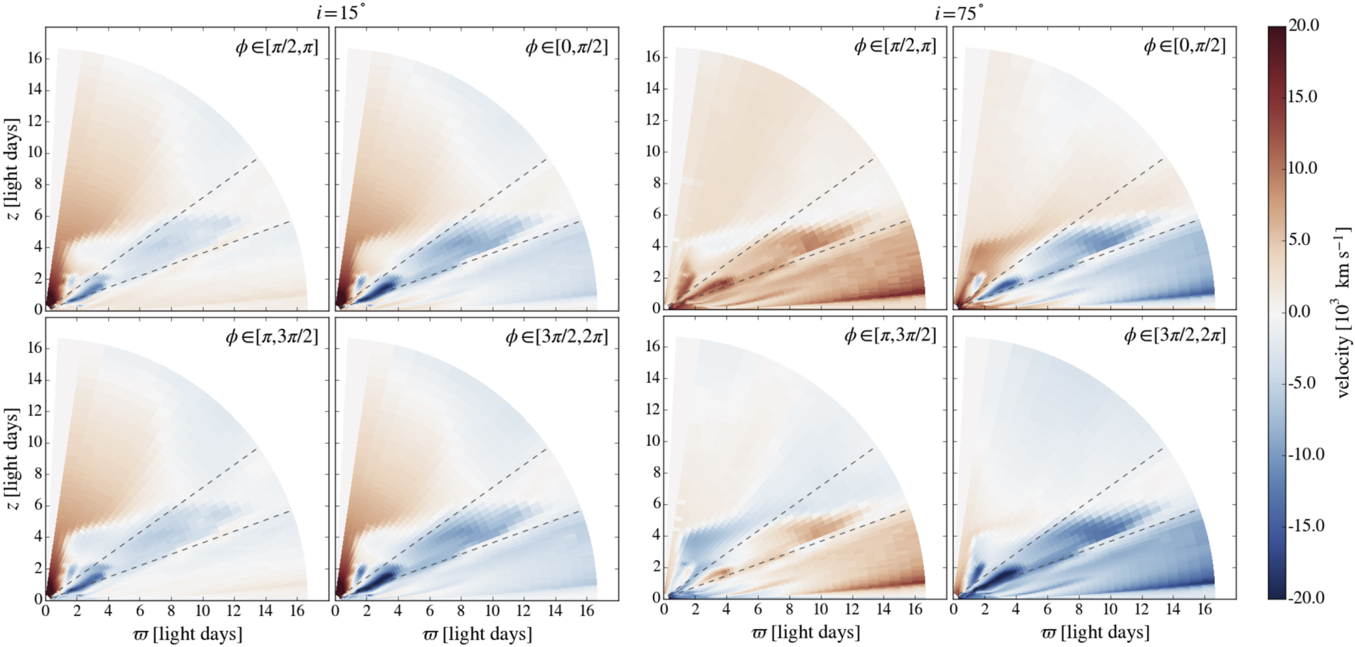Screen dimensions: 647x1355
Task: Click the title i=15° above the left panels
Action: click(340, 12)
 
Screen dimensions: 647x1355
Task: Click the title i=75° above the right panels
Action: click(959, 12)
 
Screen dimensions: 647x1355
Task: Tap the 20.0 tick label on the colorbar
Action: click(1303, 26)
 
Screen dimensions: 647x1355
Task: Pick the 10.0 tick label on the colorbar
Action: click(1303, 168)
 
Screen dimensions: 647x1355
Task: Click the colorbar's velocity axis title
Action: click(1343, 311)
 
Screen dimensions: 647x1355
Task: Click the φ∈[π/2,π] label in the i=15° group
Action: click(277, 47)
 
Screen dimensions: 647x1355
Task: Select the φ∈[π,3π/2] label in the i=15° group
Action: click(272, 337)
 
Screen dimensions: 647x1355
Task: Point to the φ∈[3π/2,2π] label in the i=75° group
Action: click(1174, 336)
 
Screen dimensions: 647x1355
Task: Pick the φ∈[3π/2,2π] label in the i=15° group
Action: click(556, 337)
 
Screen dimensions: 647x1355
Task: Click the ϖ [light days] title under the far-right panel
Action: click(1095, 633)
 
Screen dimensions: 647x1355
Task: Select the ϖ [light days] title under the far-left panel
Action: click(188, 635)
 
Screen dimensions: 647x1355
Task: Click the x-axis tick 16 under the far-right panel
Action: click(1205, 609)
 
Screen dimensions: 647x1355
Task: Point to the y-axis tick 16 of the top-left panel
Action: click(34, 58)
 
